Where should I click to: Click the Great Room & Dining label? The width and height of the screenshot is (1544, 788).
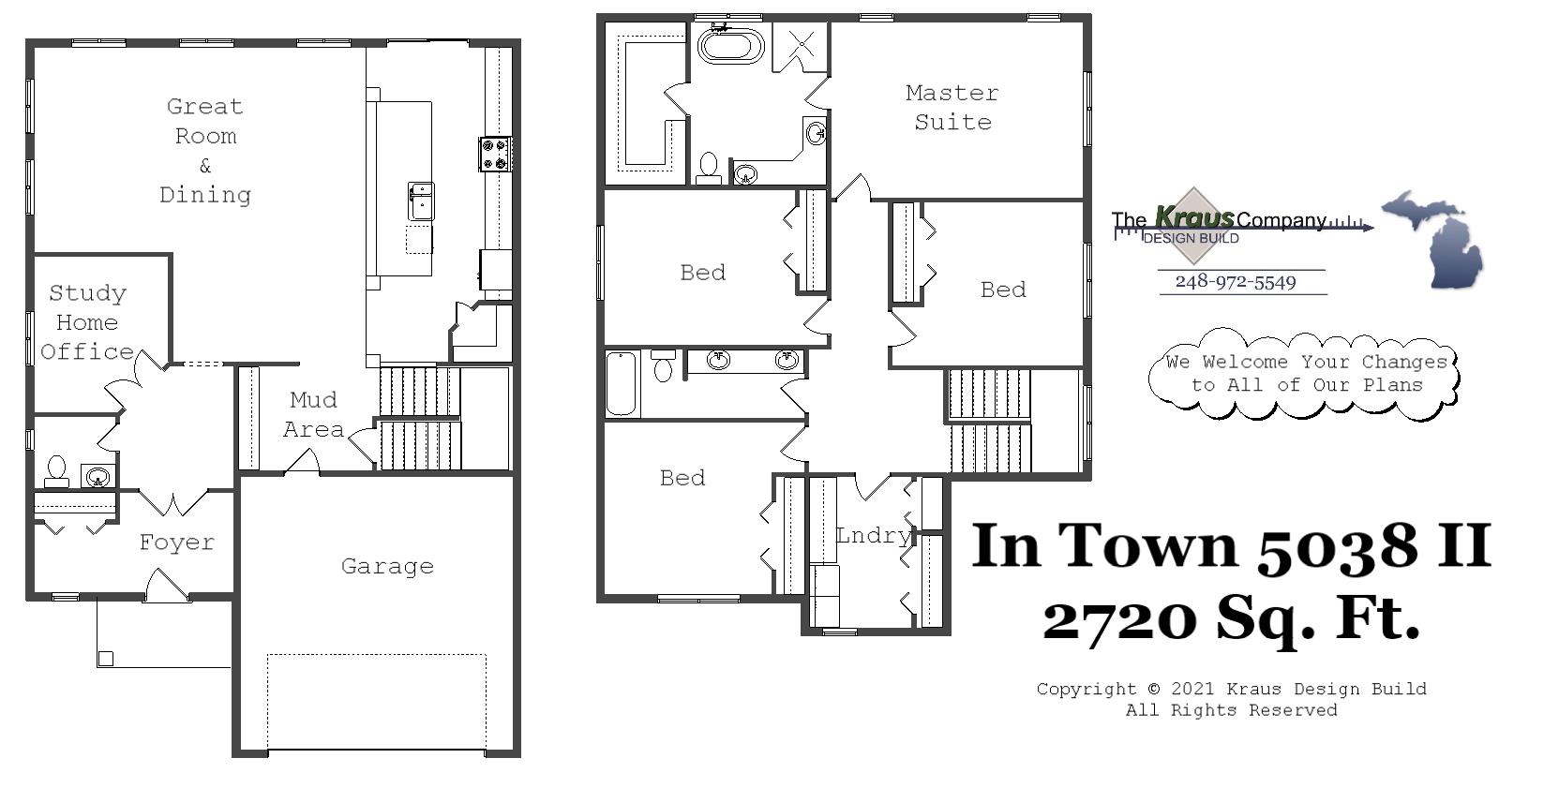pyautogui.click(x=205, y=150)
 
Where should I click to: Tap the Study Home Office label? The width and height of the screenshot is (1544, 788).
pyautogui.click(x=87, y=322)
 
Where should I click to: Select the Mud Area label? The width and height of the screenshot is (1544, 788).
pyautogui.click(x=313, y=414)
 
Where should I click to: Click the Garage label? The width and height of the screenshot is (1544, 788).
pyautogui.click(x=387, y=566)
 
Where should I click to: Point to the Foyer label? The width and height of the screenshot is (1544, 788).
pyautogui.click(x=176, y=543)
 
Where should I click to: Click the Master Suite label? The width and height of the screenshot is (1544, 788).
pyautogui.click(x=952, y=107)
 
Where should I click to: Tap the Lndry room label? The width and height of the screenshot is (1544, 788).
pyautogui.click(x=872, y=535)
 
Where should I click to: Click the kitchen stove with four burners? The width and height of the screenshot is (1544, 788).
pyautogui.click(x=494, y=154)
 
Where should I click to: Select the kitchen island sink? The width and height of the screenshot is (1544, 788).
pyautogui.click(x=421, y=201)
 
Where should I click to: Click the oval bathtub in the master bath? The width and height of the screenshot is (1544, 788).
pyautogui.click(x=730, y=46)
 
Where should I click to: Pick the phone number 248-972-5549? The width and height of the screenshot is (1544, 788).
pyautogui.click(x=1235, y=282)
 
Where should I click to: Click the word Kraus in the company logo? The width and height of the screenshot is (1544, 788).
pyautogui.click(x=1193, y=218)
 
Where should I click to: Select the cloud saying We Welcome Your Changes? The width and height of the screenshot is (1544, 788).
pyautogui.click(x=1306, y=374)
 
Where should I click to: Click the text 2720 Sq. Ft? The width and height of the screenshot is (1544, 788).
pyautogui.click(x=1231, y=618)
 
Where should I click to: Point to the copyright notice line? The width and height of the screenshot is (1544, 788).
pyautogui.click(x=1231, y=689)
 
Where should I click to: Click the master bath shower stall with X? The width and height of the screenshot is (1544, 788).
pyautogui.click(x=801, y=45)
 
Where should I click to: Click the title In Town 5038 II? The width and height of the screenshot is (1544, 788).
pyautogui.click(x=1231, y=545)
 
